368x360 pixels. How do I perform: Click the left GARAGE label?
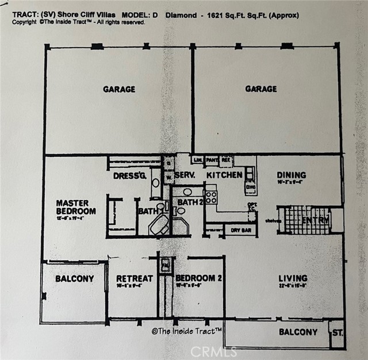coord(119,89)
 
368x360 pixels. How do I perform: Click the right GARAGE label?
coord(260,89)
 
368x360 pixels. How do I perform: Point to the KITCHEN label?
coord(224,174)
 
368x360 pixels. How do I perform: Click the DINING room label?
coord(291,175)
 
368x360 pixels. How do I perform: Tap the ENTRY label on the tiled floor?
coord(316,220)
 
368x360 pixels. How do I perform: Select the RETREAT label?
coord(135,278)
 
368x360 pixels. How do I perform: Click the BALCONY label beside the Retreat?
coord(74,279)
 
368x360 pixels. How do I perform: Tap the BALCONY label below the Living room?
coord(298,332)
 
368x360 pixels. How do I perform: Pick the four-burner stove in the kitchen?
coord(211,197)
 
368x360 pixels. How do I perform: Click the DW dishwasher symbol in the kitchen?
coord(251,187)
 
